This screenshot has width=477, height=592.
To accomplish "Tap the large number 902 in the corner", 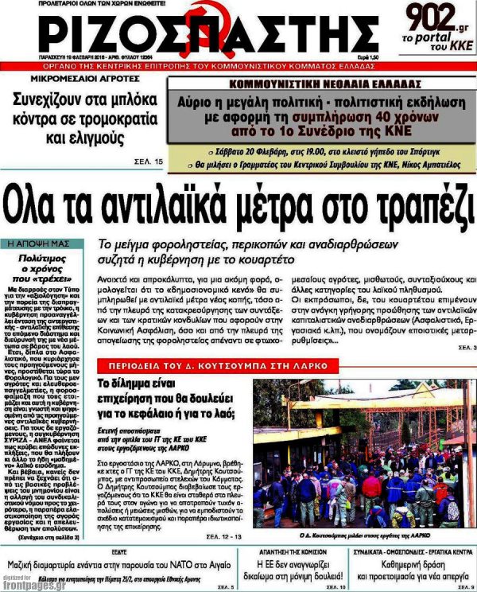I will point(432,16).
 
